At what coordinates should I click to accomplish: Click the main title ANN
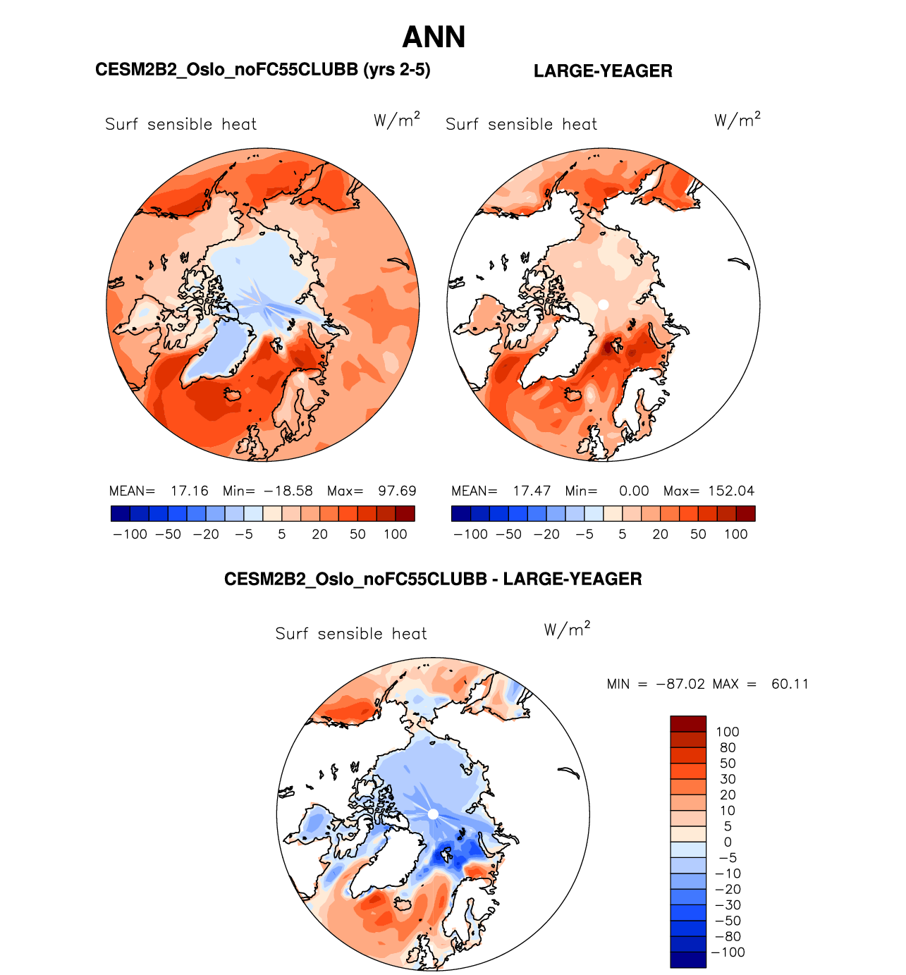[434, 37]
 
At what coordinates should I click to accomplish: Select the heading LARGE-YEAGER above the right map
[603, 71]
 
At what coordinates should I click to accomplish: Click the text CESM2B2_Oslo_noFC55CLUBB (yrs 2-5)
[262, 70]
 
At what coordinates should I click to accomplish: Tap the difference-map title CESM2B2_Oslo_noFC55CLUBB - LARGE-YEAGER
[433, 580]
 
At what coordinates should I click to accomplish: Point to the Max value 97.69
[397, 491]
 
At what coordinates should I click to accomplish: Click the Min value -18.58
[288, 491]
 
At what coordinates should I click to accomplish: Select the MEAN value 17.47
[532, 491]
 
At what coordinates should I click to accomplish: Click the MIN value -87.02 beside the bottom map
[680, 684]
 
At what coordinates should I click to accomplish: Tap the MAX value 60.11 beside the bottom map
[790, 684]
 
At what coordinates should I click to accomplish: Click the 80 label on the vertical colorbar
[728, 747]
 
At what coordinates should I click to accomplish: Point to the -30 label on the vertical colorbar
[728, 905]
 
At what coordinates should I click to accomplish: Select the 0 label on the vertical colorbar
[728, 842]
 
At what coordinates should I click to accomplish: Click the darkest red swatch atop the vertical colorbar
[688, 723]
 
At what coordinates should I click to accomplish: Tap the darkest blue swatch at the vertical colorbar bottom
[688, 959]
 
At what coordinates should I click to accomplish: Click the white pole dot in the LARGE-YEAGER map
[603, 305]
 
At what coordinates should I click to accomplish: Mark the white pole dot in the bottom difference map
[433, 814]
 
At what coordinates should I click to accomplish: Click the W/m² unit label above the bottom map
[567, 629]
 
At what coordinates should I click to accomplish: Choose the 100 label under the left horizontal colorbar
[396, 534]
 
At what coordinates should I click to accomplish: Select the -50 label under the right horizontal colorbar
[508, 534]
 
